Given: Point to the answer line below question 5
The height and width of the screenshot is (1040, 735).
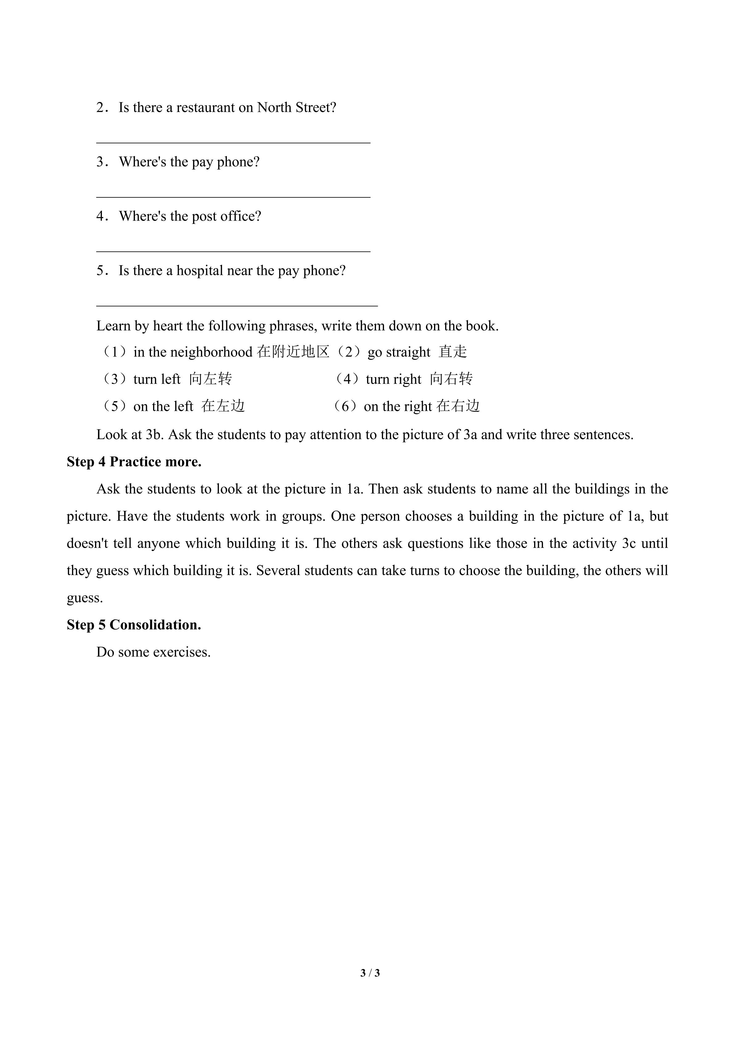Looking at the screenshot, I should point(237,306).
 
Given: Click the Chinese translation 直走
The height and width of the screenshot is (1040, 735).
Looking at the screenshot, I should point(452,352).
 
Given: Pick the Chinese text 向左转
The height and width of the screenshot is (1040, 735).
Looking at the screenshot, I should point(211,379).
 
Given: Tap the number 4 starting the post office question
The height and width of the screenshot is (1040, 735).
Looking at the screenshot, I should point(100,217).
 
